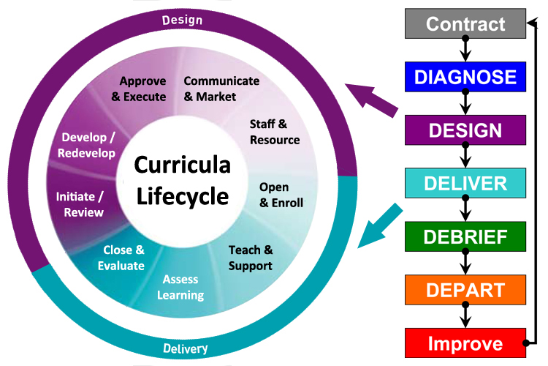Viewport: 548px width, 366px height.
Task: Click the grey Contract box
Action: point(465,23)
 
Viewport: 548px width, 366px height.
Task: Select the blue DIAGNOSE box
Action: point(465,77)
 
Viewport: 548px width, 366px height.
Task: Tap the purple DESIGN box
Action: point(465,130)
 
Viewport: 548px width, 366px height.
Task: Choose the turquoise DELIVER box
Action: point(465,183)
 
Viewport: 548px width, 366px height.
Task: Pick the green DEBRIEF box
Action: point(465,236)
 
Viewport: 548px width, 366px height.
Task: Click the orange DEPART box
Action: point(465,289)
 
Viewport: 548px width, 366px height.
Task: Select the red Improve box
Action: point(465,343)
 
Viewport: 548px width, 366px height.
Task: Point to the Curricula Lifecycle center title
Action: point(182,181)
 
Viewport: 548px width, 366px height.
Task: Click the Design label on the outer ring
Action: point(182,20)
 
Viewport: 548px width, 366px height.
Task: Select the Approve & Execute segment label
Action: point(142,89)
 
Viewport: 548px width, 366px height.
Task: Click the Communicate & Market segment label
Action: point(221,89)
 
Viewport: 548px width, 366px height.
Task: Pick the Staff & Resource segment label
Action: point(274,132)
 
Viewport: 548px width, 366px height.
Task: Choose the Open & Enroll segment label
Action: point(281,195)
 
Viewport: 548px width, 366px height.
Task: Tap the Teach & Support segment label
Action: point(251,258)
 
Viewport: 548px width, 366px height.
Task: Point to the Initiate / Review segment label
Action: point(80,204)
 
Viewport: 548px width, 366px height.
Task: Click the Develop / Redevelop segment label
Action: point(88,144)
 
